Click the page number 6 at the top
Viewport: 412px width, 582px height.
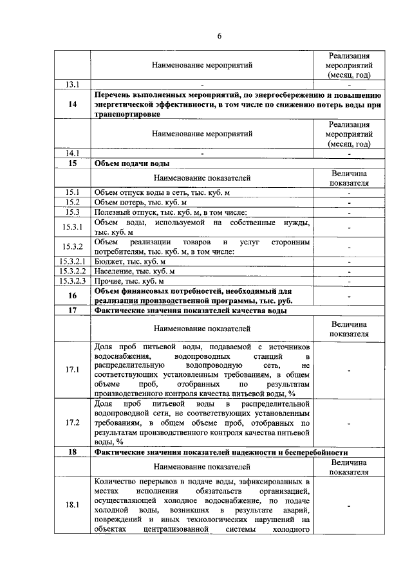click(218, 35)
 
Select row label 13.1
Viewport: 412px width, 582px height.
click(72, 84)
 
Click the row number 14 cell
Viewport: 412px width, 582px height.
click(72, 104)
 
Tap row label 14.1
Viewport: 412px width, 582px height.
click(72, 153)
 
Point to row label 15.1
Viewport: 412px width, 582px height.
click(72, 192)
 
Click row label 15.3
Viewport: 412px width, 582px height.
click(72, 212)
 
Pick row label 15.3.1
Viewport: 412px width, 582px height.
click(72, 226)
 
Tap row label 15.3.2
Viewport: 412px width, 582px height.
click(72, 246)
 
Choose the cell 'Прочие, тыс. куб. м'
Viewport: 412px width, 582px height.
click(129, 281)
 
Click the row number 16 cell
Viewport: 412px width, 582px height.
click(72, 296)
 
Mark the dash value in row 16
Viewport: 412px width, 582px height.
click(349, 296)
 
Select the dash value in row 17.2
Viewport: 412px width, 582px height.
click(349, 423)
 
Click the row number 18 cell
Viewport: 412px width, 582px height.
click(72, 453)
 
